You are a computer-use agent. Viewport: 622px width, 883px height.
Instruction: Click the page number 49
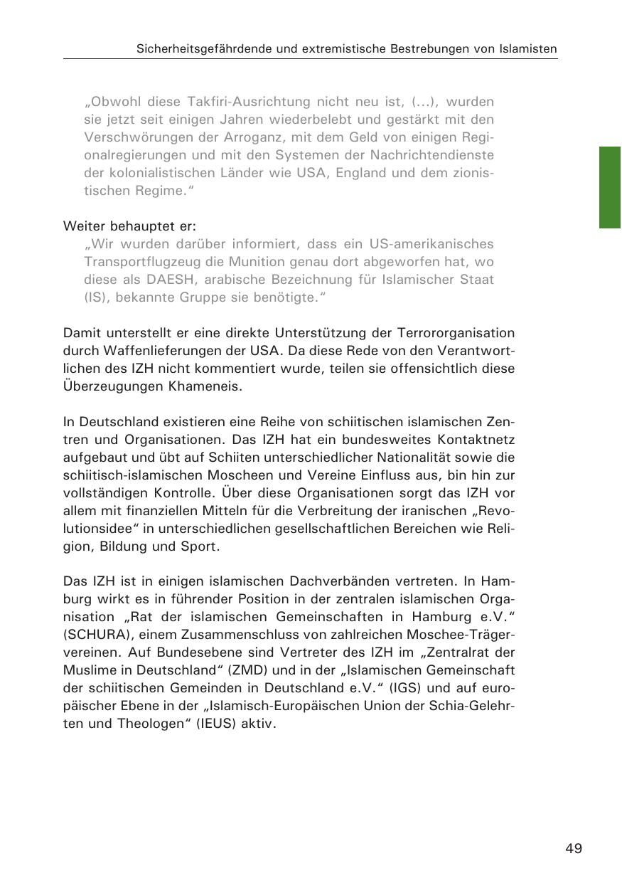pos(574,848)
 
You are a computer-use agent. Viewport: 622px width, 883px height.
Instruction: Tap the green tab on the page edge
pos(610,187)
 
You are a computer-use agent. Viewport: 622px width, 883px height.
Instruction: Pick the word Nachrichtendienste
pos(432,154)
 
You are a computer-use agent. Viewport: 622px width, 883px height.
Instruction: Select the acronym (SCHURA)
pos(93,635)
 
